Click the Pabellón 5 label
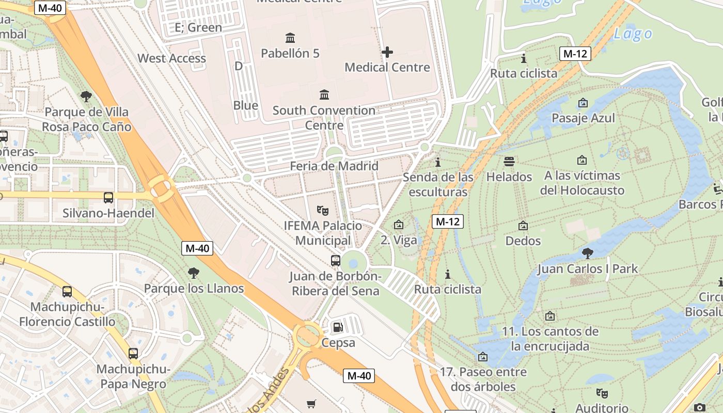click(290, 53)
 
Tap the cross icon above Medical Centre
click(387, 52)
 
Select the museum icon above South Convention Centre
click(324, 94)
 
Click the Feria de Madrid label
click(334, 166)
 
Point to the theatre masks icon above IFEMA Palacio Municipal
click(323, 210)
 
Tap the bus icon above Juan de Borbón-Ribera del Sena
click(336, 260)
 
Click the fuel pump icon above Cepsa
click(338, 327)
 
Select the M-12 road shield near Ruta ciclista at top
click(575, 54)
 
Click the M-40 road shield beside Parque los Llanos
click(197, 248)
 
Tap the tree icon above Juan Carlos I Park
click(587, 253)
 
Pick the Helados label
click(509, 177)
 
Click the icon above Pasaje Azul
click(583, 103)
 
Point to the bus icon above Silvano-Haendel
click(108, 197)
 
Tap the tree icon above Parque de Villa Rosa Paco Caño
click(86, 96)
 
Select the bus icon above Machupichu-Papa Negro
click(133, 354)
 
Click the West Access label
click(171, 58)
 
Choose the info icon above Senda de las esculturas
click(438, 162)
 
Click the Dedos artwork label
click(523, 241)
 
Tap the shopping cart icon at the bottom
click(311, 404)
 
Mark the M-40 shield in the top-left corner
click(50, 8)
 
